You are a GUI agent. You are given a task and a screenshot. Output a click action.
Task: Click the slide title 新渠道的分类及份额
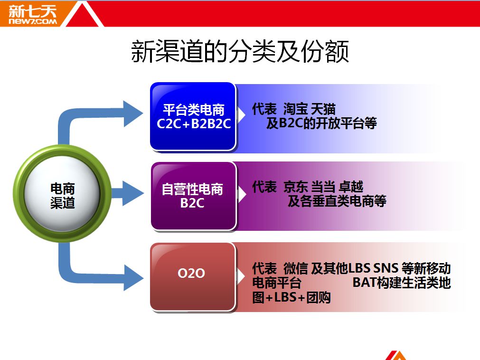pos(240,51)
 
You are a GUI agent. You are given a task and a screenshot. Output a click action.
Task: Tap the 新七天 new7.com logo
pos(32,14)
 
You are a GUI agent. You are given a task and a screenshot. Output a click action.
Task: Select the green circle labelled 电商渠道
pos(62,194)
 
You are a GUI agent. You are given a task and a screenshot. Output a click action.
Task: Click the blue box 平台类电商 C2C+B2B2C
pos(193,117)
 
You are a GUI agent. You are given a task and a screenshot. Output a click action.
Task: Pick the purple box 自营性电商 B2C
pos(193,196)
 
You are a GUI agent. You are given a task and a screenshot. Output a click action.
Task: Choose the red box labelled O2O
pos(193,277)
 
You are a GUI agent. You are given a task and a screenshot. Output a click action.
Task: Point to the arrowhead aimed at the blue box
pos(133,114)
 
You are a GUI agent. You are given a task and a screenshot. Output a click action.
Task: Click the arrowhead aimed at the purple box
pos(133,193)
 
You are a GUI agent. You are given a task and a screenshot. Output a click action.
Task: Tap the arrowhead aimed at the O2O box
pos(133,278)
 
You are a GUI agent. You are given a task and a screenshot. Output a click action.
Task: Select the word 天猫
pos(323,109)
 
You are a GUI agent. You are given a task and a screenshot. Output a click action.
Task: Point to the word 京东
pos(295,187)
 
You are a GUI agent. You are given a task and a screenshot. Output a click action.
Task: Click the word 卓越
pos(351,187)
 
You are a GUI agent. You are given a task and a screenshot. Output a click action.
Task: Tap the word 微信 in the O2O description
pos(295,268)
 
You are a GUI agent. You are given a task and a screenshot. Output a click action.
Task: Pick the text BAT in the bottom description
pos(364,283)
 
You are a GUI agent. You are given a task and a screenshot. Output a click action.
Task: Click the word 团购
pos(319,297)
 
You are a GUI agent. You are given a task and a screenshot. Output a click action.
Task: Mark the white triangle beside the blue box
pos(241,115)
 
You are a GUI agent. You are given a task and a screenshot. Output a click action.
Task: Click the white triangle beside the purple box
pos(242,194)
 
